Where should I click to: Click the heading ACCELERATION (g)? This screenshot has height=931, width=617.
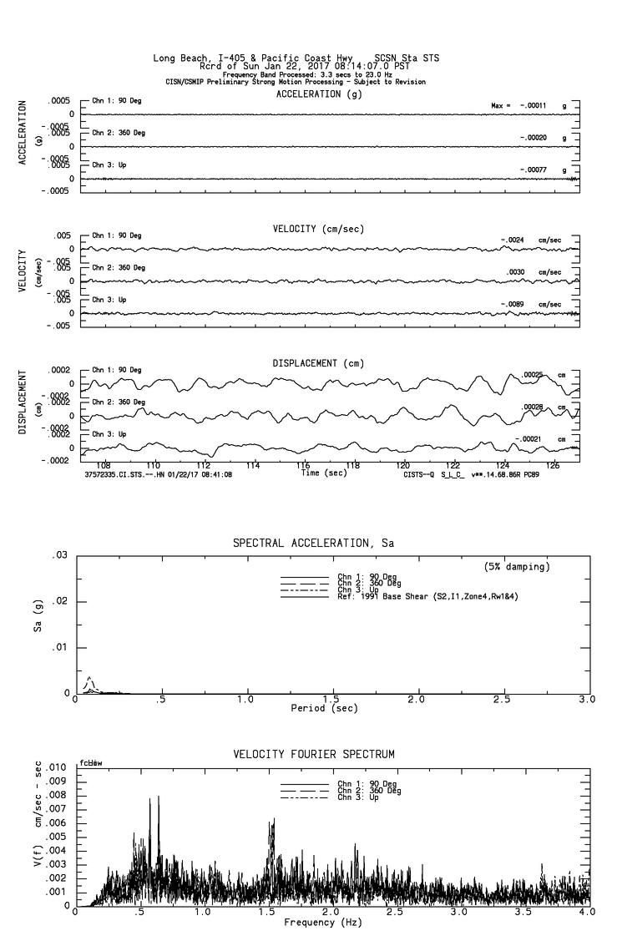319,94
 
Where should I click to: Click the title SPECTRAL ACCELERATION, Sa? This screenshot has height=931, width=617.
313,544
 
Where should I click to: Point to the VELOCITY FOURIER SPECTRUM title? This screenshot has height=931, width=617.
314,755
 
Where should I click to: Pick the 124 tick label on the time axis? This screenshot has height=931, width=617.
503,465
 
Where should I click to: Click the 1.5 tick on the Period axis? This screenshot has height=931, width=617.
331,699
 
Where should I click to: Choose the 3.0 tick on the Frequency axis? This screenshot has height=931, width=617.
461,913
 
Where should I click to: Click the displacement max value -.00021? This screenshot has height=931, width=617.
529,439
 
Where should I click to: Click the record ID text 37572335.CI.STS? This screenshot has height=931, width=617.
124,474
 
